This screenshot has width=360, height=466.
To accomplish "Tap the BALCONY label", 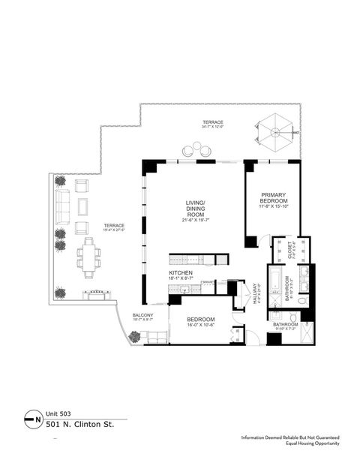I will tap(142, 314).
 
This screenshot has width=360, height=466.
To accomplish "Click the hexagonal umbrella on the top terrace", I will tap(277, 133).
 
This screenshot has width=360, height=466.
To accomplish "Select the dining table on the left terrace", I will tap(90, 254).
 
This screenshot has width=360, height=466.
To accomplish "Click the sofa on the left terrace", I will tap(61, 206).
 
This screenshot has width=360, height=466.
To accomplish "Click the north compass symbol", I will tap(32, 416).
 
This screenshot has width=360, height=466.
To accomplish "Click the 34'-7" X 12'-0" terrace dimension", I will tap(213, 127).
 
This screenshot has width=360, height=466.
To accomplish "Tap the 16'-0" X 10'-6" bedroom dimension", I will tap(200, 325).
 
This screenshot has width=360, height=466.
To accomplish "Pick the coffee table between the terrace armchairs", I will tap(82, 206).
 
